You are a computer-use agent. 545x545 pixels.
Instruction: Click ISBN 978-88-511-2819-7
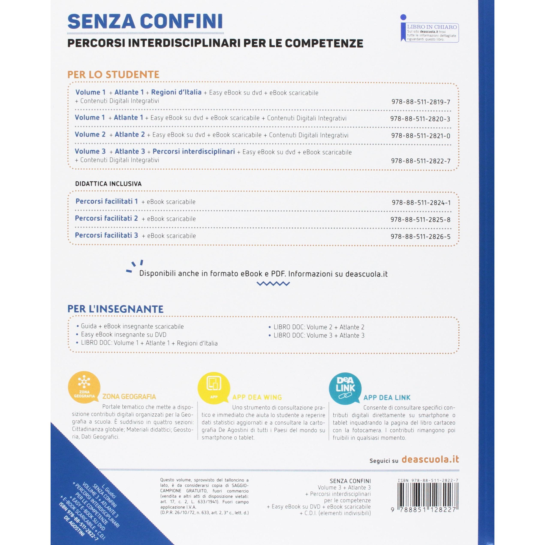point(421,102)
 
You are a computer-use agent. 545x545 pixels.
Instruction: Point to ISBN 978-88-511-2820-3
point(420,119)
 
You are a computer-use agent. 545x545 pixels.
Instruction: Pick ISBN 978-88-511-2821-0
point(420,136)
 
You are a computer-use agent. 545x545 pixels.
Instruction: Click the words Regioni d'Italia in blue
point(176,92)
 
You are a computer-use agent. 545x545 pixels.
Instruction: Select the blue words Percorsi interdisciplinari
point(194,152)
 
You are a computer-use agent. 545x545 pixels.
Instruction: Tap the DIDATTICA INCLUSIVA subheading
point(108,184)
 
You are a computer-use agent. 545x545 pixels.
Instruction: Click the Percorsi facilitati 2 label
point(106,218)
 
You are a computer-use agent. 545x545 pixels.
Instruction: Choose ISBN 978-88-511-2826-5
point(420,237)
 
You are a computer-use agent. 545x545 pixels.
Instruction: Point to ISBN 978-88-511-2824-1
point(421,203)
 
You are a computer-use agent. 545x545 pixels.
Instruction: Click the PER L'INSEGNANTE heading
point(115,309)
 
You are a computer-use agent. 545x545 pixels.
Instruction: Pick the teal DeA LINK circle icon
point(345,388)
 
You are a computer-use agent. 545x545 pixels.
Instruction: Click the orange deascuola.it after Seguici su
point(430,459)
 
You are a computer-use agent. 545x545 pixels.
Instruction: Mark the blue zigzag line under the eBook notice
point(273,283)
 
